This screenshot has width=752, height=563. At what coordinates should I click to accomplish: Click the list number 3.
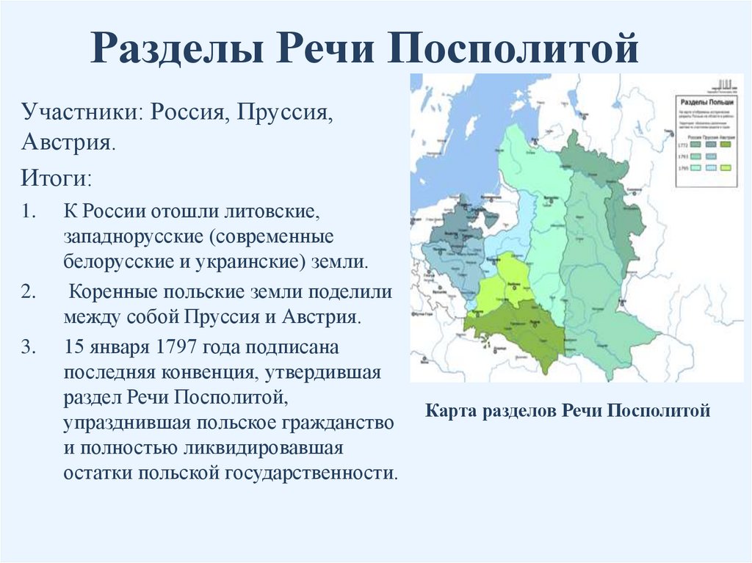(x=28, y=347)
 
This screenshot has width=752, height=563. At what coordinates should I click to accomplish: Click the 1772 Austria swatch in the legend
(x=726, y=145)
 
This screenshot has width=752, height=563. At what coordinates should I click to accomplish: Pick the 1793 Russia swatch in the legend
(x=695, y=156)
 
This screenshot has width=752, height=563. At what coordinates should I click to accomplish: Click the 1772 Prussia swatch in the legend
(x=711, y=145)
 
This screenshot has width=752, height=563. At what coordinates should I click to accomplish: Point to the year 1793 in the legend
(x=682, y=156)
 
